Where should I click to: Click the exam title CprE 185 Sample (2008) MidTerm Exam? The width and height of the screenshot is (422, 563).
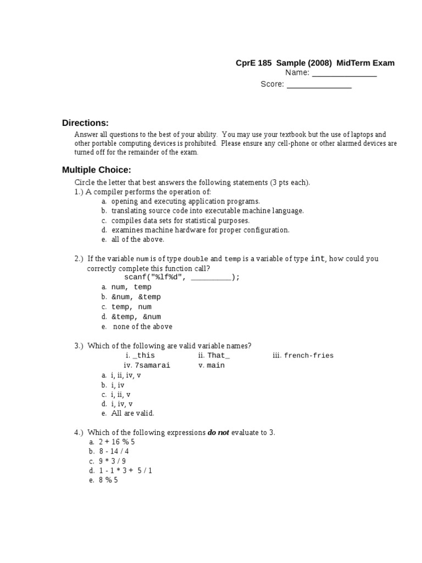(315, 63)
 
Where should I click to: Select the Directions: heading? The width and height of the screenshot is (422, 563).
(85, 123)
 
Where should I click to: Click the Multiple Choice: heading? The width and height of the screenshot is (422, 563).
(96, 169)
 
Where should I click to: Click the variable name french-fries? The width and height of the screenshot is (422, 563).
(308, 355)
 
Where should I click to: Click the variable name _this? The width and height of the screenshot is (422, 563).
(144, 355)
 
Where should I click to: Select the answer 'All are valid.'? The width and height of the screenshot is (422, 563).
(132, 413)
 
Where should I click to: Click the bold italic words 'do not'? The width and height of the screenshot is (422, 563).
(218, 433)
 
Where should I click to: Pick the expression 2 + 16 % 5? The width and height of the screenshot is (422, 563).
(116, 441)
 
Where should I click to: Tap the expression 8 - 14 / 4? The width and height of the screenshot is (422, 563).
(114, 451)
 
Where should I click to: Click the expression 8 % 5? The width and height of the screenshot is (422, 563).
(108, 480)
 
